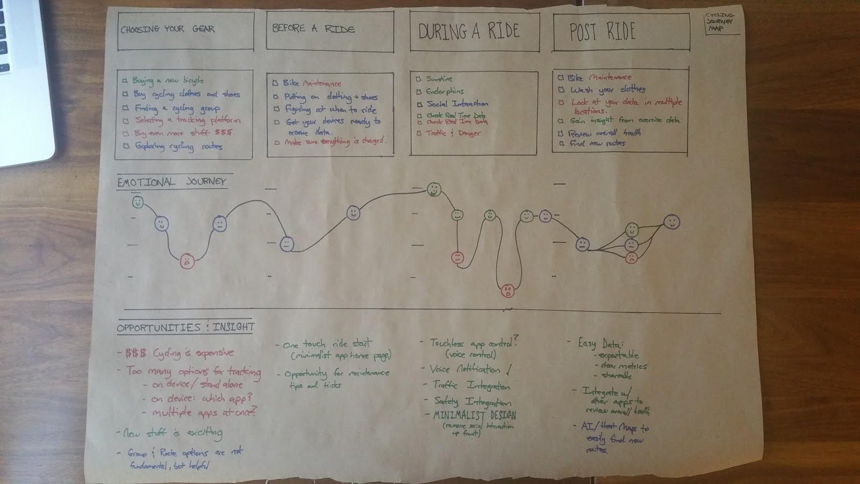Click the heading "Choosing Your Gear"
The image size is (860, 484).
point(167,29)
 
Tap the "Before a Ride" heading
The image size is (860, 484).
point(313,28)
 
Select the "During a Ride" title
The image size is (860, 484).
point(469,31)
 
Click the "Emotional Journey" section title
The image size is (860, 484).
point(171,182)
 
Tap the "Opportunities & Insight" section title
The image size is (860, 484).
point(185,327)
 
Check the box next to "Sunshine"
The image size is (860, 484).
point(419,79)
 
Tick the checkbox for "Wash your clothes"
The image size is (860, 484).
point(561,90)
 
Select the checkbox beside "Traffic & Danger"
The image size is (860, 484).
point(419,133)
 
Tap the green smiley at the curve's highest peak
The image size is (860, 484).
point(434,189)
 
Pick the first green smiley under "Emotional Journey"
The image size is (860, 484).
point(138,203)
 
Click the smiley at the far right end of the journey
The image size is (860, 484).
point(671,222)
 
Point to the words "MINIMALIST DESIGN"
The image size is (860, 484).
point(475,415)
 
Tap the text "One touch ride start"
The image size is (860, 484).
point(327,344)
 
